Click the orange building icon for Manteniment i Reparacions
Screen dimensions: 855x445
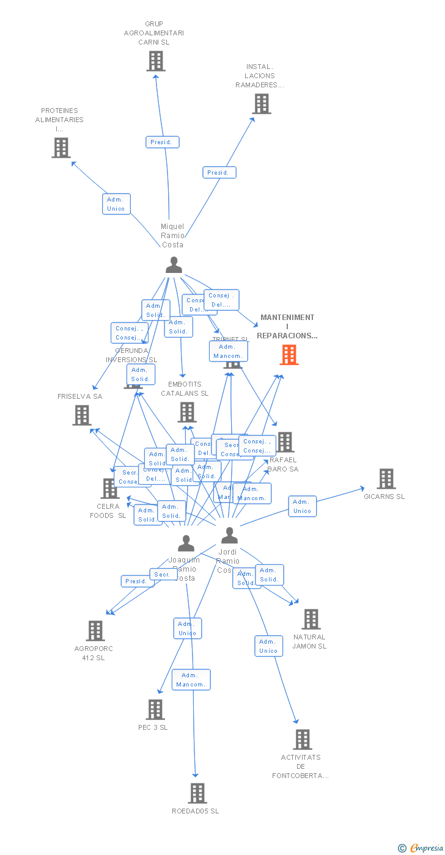289,355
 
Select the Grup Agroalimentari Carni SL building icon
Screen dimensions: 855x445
156,61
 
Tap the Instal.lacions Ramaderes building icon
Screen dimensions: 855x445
262,104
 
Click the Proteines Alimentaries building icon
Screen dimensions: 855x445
61,148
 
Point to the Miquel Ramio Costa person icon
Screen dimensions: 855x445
174,265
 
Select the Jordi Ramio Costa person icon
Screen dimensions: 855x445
229,536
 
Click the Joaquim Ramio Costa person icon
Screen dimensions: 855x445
186,543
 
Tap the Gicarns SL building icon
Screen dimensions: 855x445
386,479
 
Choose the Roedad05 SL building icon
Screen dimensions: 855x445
197,793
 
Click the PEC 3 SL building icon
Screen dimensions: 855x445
156,710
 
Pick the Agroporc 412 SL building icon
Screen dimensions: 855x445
95,631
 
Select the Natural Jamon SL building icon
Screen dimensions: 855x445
311,619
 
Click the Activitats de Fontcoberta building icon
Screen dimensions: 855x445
303,740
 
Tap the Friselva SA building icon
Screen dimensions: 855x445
82,415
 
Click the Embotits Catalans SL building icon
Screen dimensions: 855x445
187,412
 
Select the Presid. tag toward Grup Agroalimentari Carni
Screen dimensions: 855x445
163,142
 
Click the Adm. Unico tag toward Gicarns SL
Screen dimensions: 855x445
303,506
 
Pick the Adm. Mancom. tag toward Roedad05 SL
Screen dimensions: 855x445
191,680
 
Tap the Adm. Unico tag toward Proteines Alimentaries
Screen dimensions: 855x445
116,204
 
